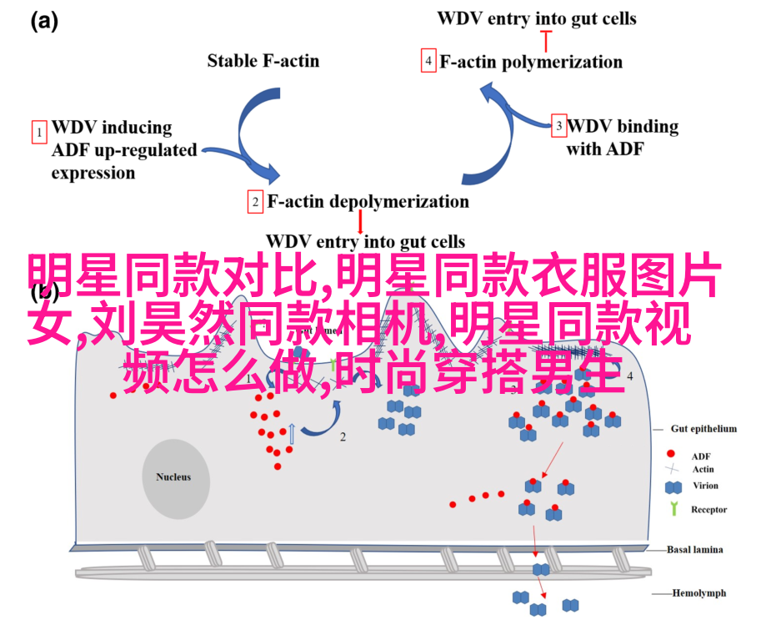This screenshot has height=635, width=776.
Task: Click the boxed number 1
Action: pos(38,132)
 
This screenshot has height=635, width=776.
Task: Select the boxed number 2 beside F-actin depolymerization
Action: pos(256,202)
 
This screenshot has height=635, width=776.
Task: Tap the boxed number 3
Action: pos(558,127)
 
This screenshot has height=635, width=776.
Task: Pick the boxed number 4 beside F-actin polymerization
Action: pos(428,62)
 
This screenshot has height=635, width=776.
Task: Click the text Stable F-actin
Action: pos(263,60)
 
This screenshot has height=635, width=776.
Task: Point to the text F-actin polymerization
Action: pos(531,62)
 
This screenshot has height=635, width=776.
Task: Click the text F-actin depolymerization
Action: pos(368,202)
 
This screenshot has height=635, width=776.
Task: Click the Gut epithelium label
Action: pos(703,429)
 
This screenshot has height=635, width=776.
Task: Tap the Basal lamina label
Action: pos(695,550)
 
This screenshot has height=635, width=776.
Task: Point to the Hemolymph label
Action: pos(699,593)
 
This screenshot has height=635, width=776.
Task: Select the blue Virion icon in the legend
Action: pos(673,486)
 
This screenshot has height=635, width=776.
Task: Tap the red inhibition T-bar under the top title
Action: pos(547,38)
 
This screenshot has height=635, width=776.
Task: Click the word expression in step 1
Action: pos(93,174)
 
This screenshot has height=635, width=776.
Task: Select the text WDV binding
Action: pos(623,127)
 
